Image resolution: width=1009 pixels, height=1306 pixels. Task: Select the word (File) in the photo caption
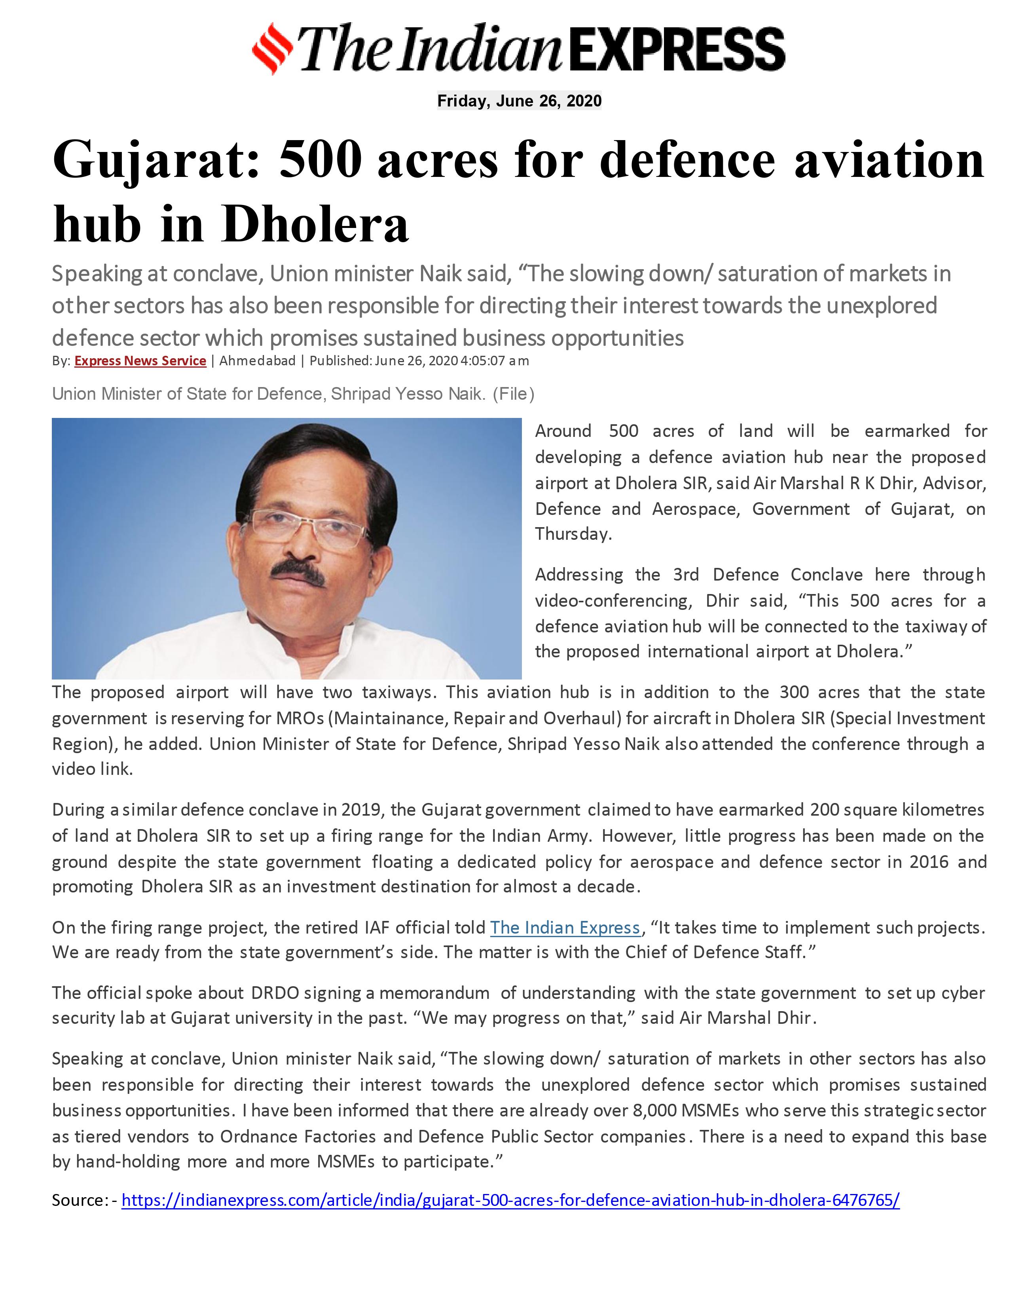click(513, 394)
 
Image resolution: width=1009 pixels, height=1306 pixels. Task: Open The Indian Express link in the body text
click(565, 928)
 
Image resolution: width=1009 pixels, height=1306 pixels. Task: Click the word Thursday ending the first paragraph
click(572, 534)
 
